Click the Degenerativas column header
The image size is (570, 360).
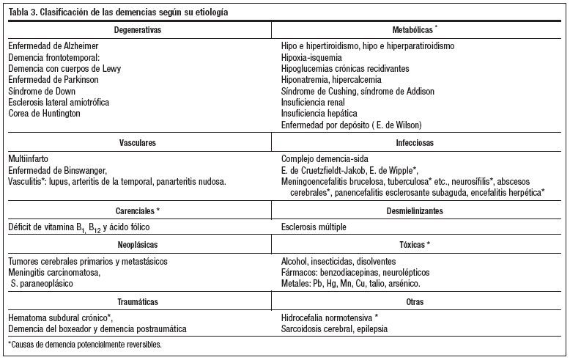coord(138,30)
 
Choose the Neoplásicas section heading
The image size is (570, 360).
coord(138,245)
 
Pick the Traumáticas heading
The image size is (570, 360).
coord(138,301)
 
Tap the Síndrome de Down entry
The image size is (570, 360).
coord(42,91)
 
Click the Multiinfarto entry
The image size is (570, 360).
coord(30,158)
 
